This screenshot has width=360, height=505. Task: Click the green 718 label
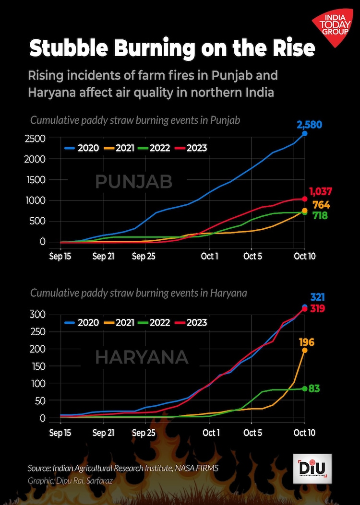click(320, 216)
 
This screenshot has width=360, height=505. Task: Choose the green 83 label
click(314, 389)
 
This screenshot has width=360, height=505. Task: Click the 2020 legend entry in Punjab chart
click(82, 148)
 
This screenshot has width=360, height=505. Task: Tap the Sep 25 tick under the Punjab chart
click(144, 257)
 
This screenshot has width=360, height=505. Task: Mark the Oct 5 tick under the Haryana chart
click(252, 433)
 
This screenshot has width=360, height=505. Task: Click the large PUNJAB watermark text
click(133, 181)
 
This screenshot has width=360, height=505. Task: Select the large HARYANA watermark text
click(142, 357)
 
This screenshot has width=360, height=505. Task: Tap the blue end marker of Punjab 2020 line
click(305, 133)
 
